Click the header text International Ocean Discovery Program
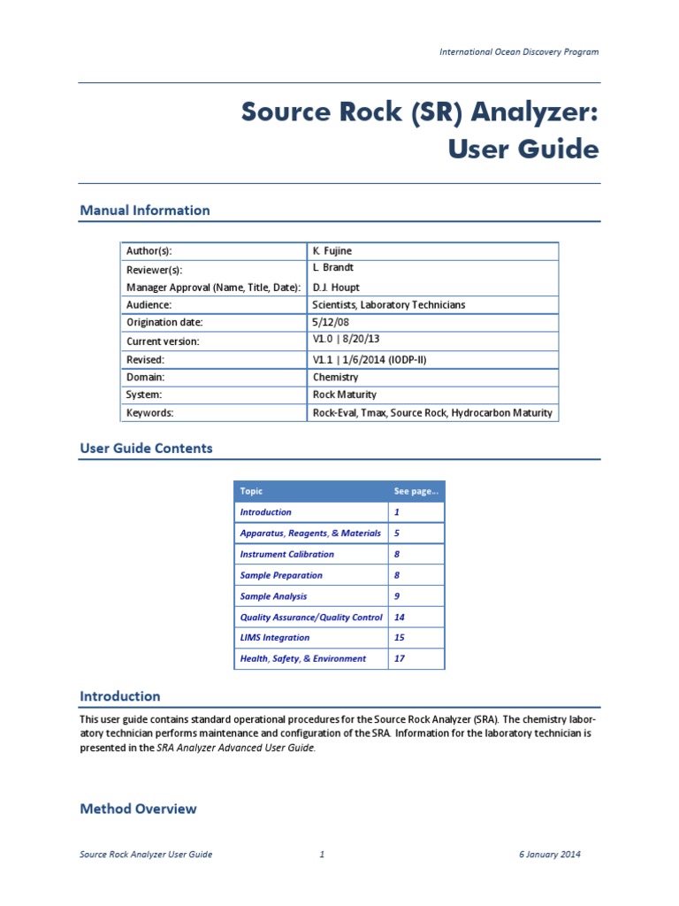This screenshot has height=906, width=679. (x=519, y=51)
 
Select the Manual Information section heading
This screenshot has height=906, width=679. (x=145, y=211)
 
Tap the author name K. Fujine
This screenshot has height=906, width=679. (x=332, y=251)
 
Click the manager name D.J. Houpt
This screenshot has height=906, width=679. (x=335, y=287)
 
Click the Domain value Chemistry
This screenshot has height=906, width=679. (x=336, y=377)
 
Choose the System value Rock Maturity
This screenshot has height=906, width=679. (x=346, y=395)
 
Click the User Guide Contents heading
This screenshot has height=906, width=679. (x=146, y=449)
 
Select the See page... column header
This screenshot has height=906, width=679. (x=416, y=491)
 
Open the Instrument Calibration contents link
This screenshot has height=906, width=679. (x=286, y=555)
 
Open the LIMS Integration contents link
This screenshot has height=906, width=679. (x=275, y=638)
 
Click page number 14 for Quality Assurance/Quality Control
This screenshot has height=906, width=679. (x=400, y=618)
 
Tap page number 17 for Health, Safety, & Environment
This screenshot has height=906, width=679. (x=400, y=659)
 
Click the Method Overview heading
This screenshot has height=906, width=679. (x=138, y=809)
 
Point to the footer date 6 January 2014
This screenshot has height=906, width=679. (x=549, y=855)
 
